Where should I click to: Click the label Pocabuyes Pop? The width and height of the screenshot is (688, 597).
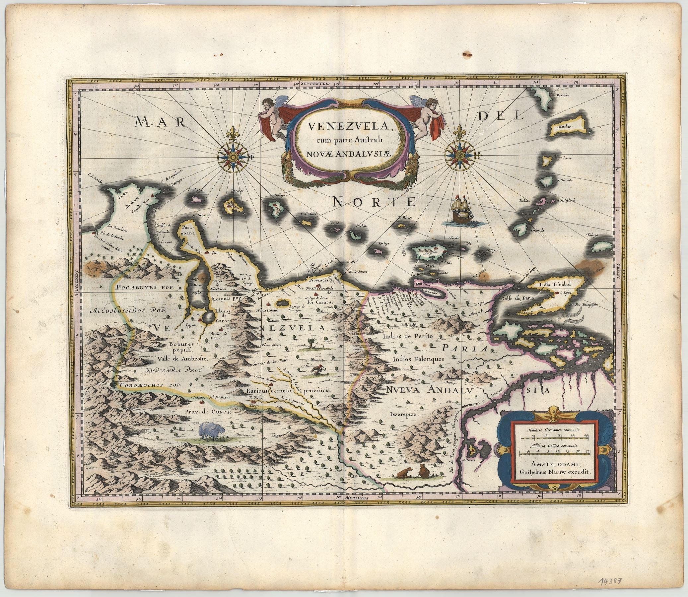click(x=147, y=287)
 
